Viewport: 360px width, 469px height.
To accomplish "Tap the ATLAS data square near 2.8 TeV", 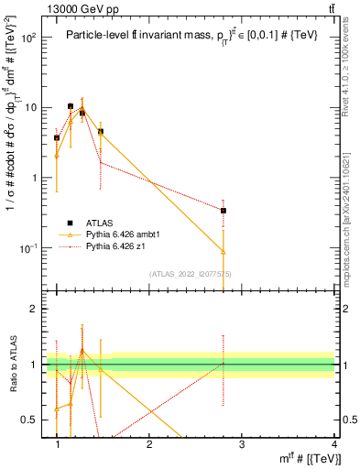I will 224,211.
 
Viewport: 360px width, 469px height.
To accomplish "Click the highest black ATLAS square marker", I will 71,106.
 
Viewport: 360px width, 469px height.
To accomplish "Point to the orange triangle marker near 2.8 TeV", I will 224,251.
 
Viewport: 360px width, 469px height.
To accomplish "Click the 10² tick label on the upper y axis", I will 27,38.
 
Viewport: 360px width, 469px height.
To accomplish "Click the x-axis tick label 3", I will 242,444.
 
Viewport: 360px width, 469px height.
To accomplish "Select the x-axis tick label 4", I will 334,444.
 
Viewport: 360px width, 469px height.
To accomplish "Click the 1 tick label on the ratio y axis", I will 35,365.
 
